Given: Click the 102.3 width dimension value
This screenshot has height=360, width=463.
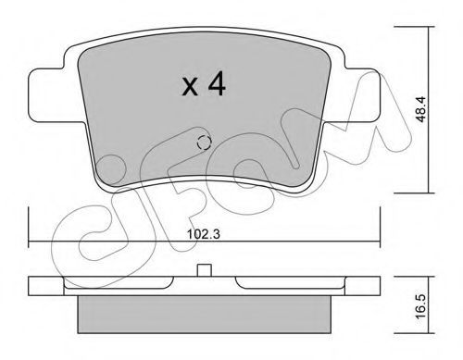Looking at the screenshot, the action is (204, 234).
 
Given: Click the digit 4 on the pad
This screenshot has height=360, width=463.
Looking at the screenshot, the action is (217, 83).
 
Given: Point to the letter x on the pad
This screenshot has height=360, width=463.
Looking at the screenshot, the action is (190, 86).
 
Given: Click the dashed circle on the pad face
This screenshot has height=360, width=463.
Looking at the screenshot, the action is (204, 143).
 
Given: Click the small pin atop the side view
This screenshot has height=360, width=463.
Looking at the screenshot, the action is (204, 270).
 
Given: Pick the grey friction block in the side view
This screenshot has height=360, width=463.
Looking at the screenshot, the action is (204, 315).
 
